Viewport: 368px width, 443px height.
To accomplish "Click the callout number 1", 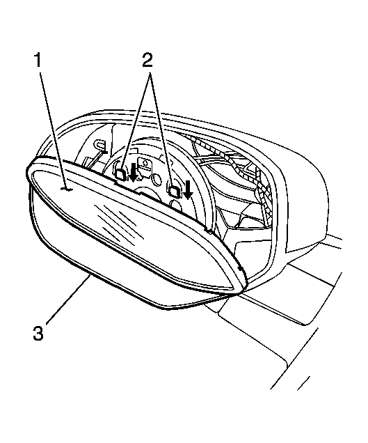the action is pos(38,61).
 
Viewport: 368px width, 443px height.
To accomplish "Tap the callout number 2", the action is pos(147,61).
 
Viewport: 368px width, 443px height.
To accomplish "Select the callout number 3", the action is pos(38,333).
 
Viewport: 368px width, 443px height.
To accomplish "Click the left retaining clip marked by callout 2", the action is pos(120,173).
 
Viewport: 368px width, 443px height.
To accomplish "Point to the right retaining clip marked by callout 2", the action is pos(173,190).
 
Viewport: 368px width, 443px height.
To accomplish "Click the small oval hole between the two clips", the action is pos(155,179).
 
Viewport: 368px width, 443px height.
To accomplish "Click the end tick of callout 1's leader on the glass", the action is pos(67,190).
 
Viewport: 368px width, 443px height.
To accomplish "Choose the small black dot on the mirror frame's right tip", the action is pos(240,267).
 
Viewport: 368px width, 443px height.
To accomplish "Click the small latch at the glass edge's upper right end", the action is pos(208,231).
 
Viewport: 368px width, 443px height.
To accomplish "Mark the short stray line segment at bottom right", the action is pos(303,383).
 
